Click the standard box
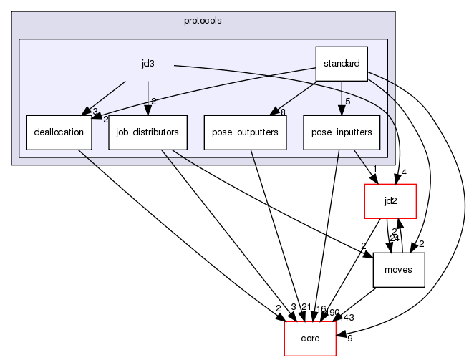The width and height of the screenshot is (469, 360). point(342,64)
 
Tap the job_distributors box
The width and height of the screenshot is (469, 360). point(148,132)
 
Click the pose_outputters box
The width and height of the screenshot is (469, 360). point(245,132)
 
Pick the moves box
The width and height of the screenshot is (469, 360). point(399,269)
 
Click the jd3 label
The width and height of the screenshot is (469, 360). point(148,64)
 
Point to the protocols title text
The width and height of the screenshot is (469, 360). point(203,20)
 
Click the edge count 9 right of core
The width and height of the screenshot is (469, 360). point(349,339)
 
